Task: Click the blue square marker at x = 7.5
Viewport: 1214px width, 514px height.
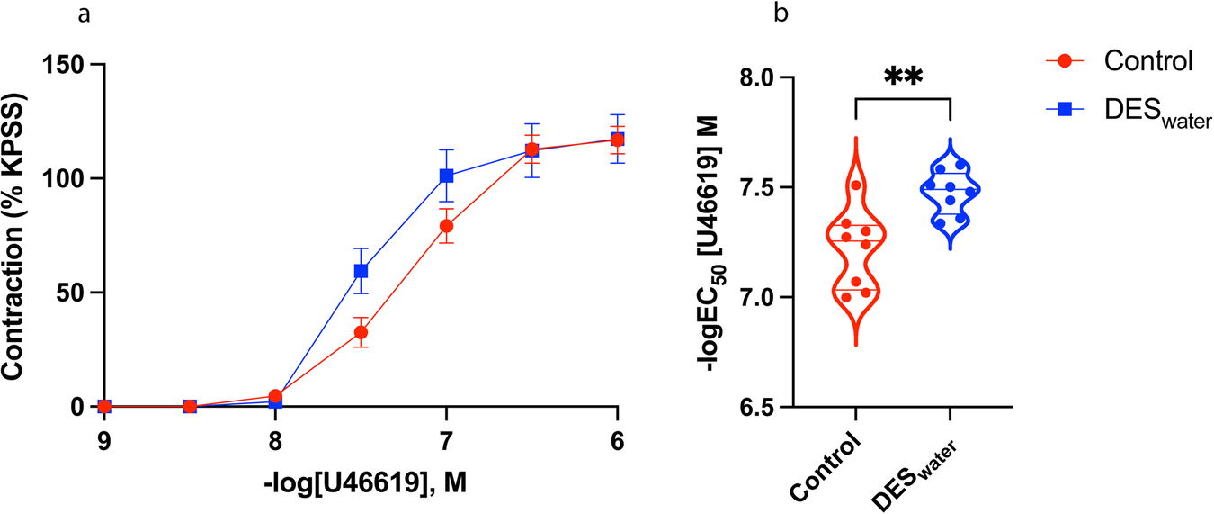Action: click(x=361, y=271)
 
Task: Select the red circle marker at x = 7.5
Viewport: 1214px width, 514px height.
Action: click(x=361, y=332)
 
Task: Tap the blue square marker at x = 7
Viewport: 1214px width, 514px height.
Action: click(x=446, y=176)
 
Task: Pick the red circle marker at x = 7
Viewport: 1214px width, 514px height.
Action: click(x=446, y=226)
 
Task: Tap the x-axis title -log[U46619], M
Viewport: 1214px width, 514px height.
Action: click(x=361, y=485)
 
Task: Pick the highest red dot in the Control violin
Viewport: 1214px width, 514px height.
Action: click(x=856, y=185)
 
